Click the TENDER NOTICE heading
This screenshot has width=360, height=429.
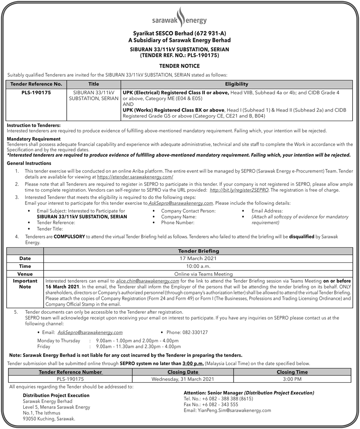180,66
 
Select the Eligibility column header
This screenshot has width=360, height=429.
237,84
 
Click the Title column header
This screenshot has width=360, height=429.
94,84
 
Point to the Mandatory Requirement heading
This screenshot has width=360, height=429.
34,139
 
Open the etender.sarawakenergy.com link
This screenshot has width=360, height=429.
135,178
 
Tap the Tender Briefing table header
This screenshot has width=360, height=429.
198,251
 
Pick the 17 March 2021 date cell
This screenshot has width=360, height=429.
198,259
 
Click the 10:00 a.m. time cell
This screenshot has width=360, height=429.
198,266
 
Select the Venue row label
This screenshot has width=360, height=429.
25,274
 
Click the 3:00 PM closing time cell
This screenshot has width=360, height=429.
292,379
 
